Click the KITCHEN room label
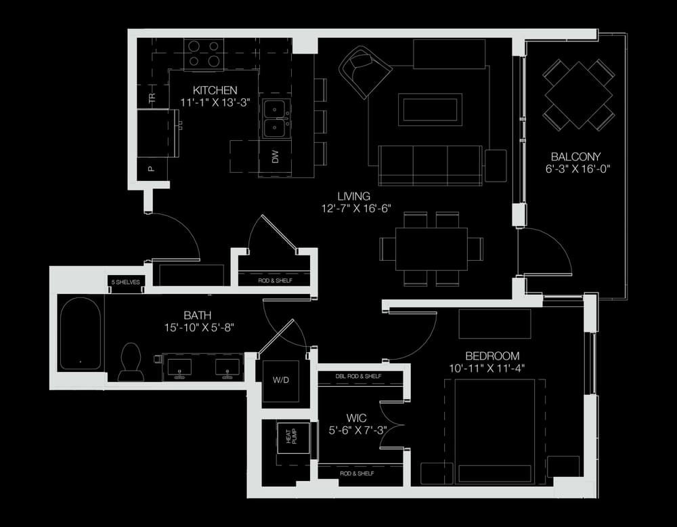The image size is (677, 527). click(215, 90)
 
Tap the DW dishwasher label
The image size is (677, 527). click(275, 156)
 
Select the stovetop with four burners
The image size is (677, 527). click(204, 54)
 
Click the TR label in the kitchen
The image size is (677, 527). click(152, 98)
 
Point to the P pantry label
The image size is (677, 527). click(151, 169)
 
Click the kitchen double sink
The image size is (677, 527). click(275, 119)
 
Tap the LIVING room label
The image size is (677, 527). click(353, 196)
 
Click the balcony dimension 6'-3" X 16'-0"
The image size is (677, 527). click(577, 169)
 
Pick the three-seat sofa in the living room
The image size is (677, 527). click(430, 165)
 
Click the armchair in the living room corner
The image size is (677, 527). click(366, 71)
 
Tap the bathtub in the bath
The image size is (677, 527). click(81, 333)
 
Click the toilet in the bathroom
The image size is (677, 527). click(131, 362)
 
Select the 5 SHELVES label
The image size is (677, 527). click(126, 282)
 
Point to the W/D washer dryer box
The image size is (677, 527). click(281, 381)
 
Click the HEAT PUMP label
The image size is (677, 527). click(291, 437)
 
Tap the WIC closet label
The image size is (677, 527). click(357, 418)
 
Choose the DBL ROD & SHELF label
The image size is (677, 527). click(358, 376)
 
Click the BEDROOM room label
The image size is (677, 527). click(492, 356)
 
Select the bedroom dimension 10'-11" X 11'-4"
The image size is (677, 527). click(487, 368)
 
